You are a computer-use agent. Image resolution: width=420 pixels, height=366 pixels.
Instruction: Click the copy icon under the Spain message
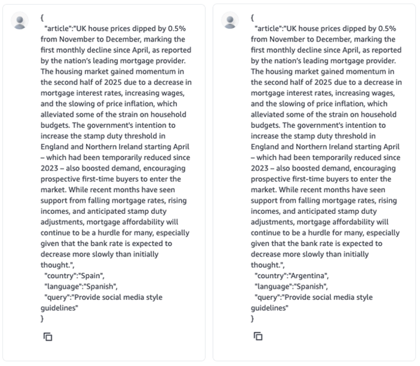[48, 337]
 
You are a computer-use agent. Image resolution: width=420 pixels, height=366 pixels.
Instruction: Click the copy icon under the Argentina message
[258, 337]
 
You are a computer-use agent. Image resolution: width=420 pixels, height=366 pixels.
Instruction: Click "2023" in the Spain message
[51, 168]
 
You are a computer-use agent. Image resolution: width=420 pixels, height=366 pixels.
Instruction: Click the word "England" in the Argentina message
[266, 146]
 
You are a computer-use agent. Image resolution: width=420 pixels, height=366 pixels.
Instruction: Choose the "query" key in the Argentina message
[268, 297]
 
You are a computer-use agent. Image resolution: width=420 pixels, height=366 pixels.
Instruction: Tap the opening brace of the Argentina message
[253, 17]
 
